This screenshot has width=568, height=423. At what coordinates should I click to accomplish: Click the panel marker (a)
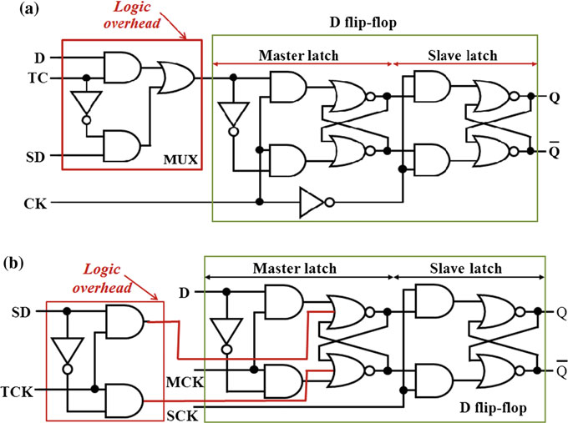pyautogui.click(x=18, y=12)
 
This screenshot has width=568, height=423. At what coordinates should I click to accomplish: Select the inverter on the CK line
pyautogui.click(x=316, y=201)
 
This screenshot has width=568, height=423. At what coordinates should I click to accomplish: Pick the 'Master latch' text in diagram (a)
pyautogui.click(x=302, y=55)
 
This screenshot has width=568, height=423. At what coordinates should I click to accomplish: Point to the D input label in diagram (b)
pyautogui.click(x=184, y=291)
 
